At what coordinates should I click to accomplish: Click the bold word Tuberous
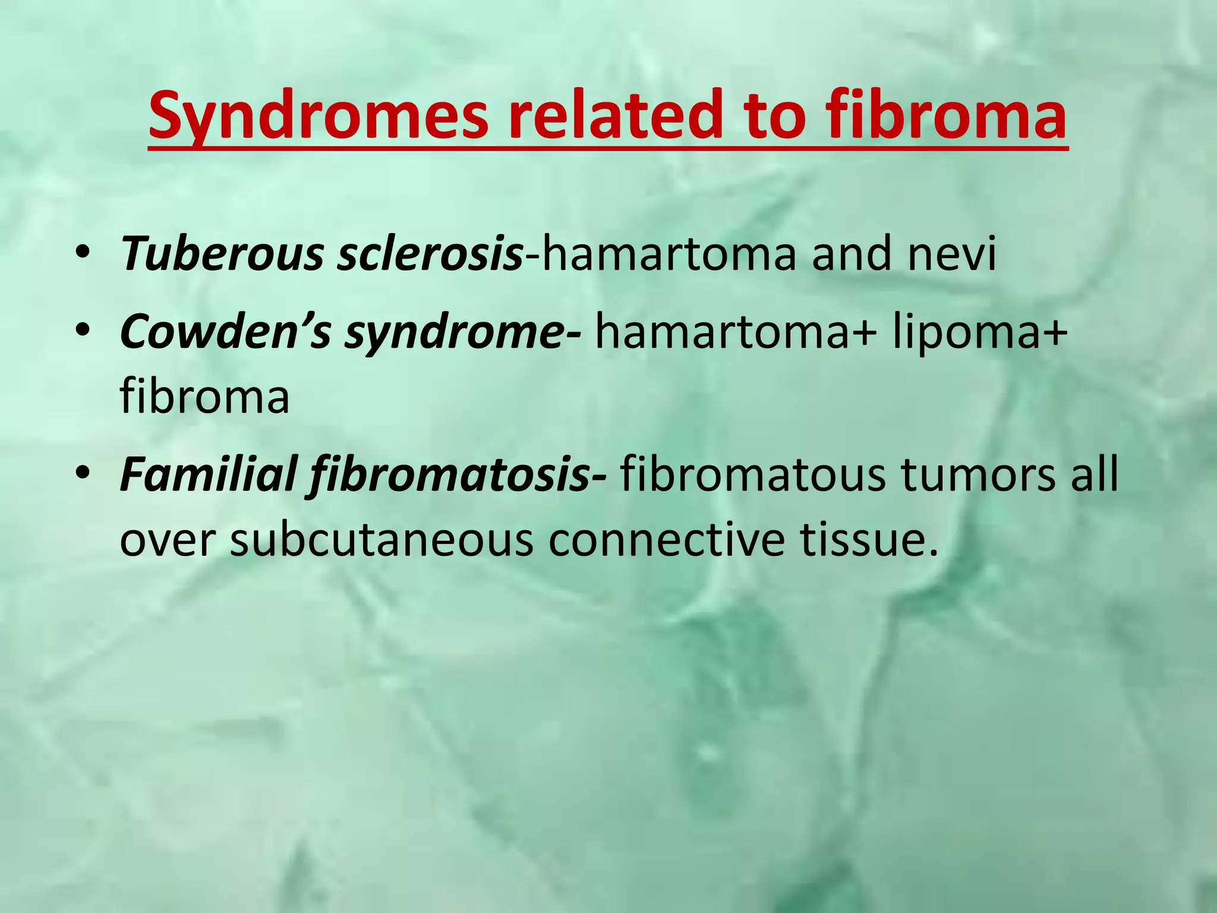[x=222, y=254]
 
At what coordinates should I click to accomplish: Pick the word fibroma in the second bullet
[x=205, y=397]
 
